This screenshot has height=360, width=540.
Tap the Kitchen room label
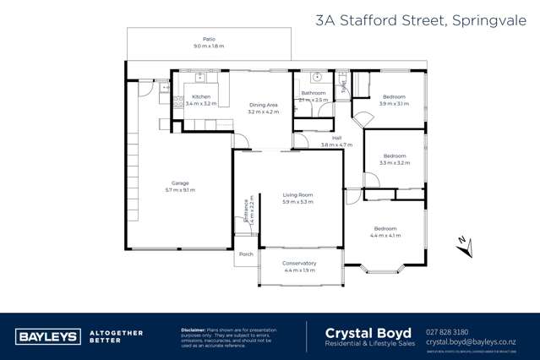201,97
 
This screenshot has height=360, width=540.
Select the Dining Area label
264,105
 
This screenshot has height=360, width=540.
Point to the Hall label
336,138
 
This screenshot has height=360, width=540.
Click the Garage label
180,183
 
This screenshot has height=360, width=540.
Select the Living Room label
297,195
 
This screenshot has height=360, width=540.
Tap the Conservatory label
300,263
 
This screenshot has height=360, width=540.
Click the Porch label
246,254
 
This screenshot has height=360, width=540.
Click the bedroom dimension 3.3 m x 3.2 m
395,162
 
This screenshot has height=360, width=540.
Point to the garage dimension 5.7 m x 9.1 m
180,190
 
